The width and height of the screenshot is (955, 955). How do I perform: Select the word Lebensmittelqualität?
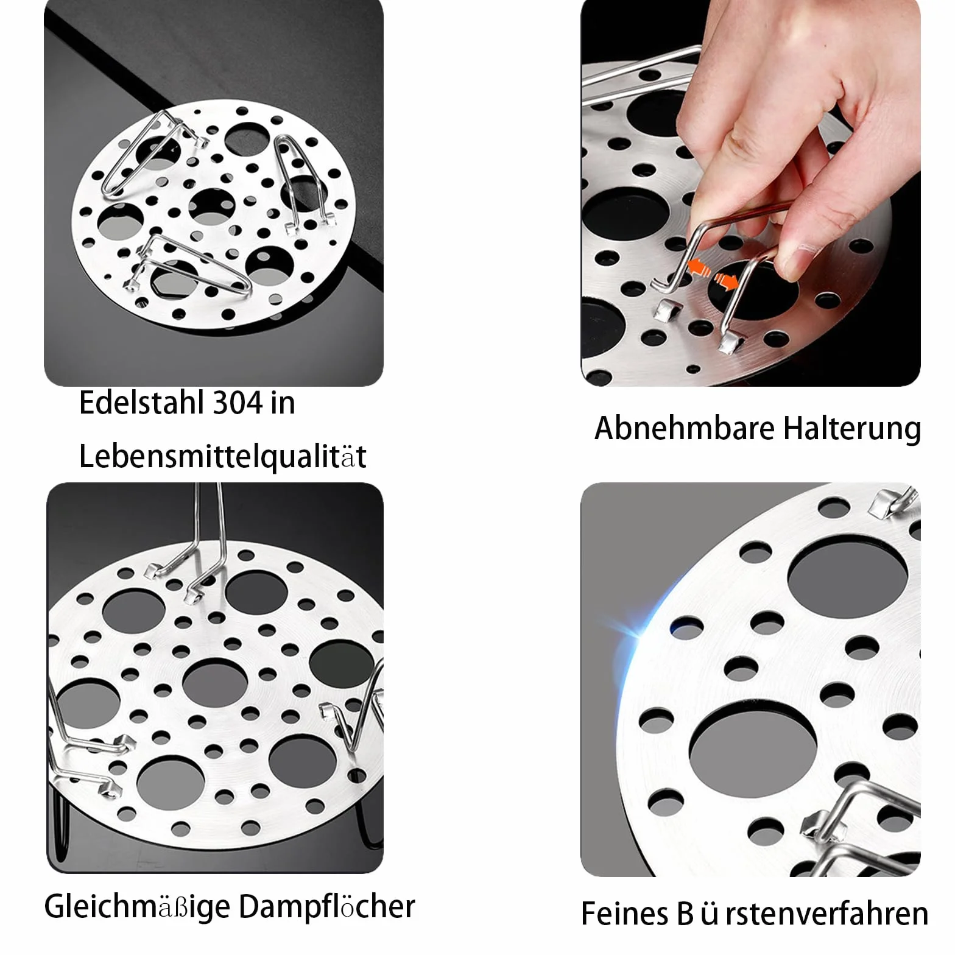223,457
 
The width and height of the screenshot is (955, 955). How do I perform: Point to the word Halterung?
852,429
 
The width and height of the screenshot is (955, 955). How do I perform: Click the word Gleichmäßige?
138,907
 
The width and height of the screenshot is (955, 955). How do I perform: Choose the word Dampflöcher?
327,907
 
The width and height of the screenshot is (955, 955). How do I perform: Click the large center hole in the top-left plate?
212,206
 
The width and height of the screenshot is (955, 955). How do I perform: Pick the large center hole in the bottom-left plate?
214,683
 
